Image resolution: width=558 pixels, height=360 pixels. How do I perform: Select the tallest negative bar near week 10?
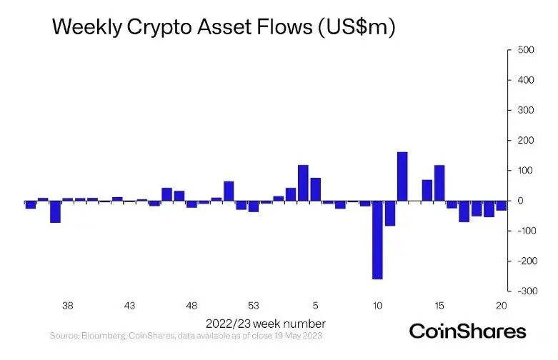pos(377,240)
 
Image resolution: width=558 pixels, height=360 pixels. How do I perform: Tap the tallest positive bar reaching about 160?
pos(402,176)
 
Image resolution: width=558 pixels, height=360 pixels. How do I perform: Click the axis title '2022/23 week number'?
pos(266,323)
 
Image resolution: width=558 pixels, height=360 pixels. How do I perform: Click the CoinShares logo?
pos(467,331)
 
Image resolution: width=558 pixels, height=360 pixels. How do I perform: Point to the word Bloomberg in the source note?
pos(102,335)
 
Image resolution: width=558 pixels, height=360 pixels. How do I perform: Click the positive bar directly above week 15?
pos(439,184)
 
